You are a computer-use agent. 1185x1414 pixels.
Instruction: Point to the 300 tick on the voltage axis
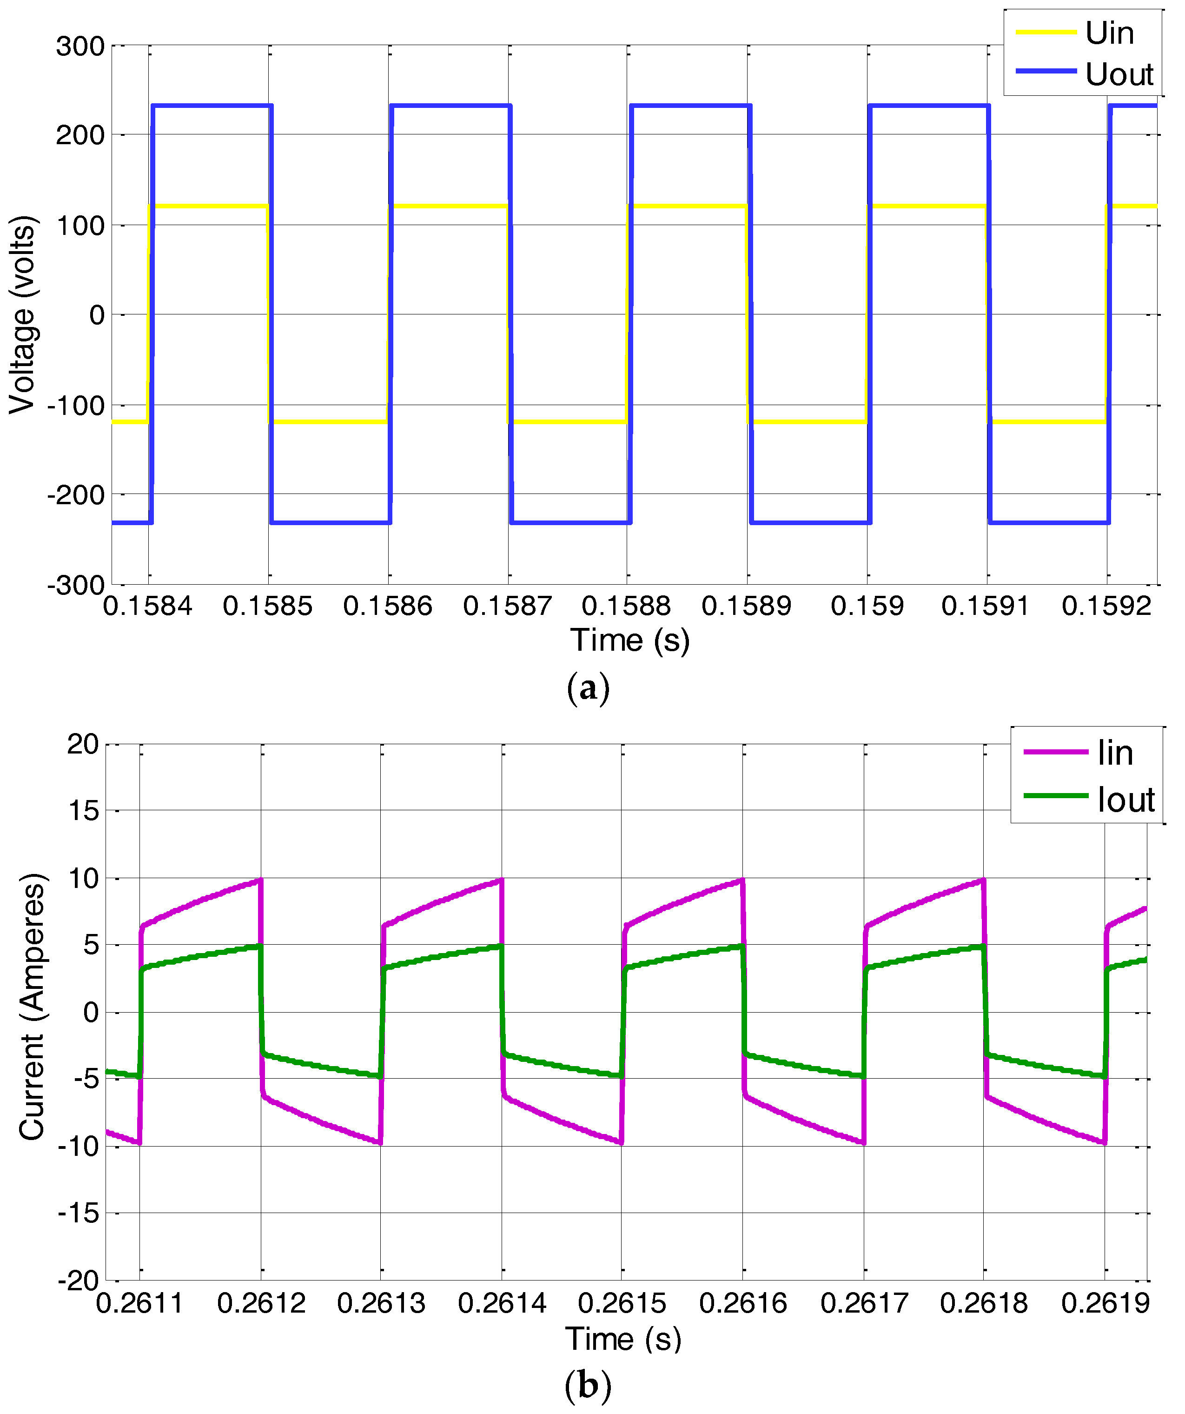80,47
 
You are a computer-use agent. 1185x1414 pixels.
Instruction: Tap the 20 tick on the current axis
83,745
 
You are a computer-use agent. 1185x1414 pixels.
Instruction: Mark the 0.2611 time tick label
140,1304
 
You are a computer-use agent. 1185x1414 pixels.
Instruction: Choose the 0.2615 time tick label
622,1304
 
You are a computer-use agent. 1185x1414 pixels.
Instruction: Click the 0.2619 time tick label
1105,1304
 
